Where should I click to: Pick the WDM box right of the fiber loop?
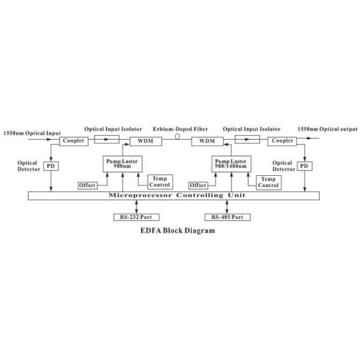click(x=206, y=141)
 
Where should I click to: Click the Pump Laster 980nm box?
click(x=122, y=163)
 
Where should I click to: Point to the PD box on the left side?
click(x=51, y=165)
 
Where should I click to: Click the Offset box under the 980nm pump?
click(x=88, y=185)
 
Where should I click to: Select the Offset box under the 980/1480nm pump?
click(x=199, y=185)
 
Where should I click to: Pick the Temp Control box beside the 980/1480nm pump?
click(x=268, y=182)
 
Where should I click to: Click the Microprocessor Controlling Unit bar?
click(x=174, y=196)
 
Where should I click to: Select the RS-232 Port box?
click(x=137, y=217)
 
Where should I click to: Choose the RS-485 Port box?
click(x=227, y=217)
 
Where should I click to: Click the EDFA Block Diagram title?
click(x=178, y=230)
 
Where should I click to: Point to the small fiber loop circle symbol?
click(x=178, y=137)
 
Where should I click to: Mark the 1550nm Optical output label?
click(x=328, y=128)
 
